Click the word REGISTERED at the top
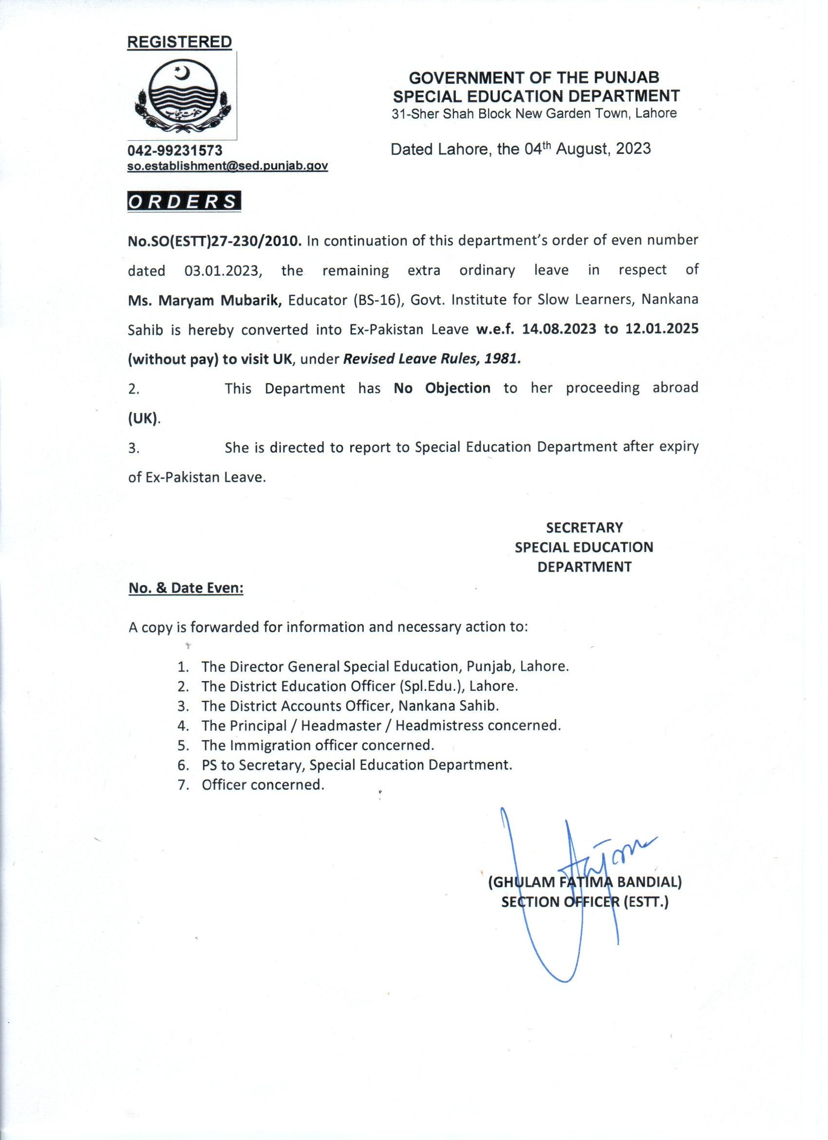tap(179, 42)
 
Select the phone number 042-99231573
tap(175, 150)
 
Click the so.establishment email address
tap(228, 165)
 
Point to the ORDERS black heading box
tap(184, 202)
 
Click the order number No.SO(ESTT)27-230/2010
tap(214, 241)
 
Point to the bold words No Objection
tap(442, 388)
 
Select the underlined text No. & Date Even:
tap(186, 588)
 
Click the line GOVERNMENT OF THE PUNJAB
tap(534, 77)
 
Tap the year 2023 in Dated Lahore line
tap(634, 149)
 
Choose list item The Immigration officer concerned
tap(318, 744)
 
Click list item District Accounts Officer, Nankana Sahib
tap(350, 705)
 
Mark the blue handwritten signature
tap(568, 890)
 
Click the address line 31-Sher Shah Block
tap(534, 114)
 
